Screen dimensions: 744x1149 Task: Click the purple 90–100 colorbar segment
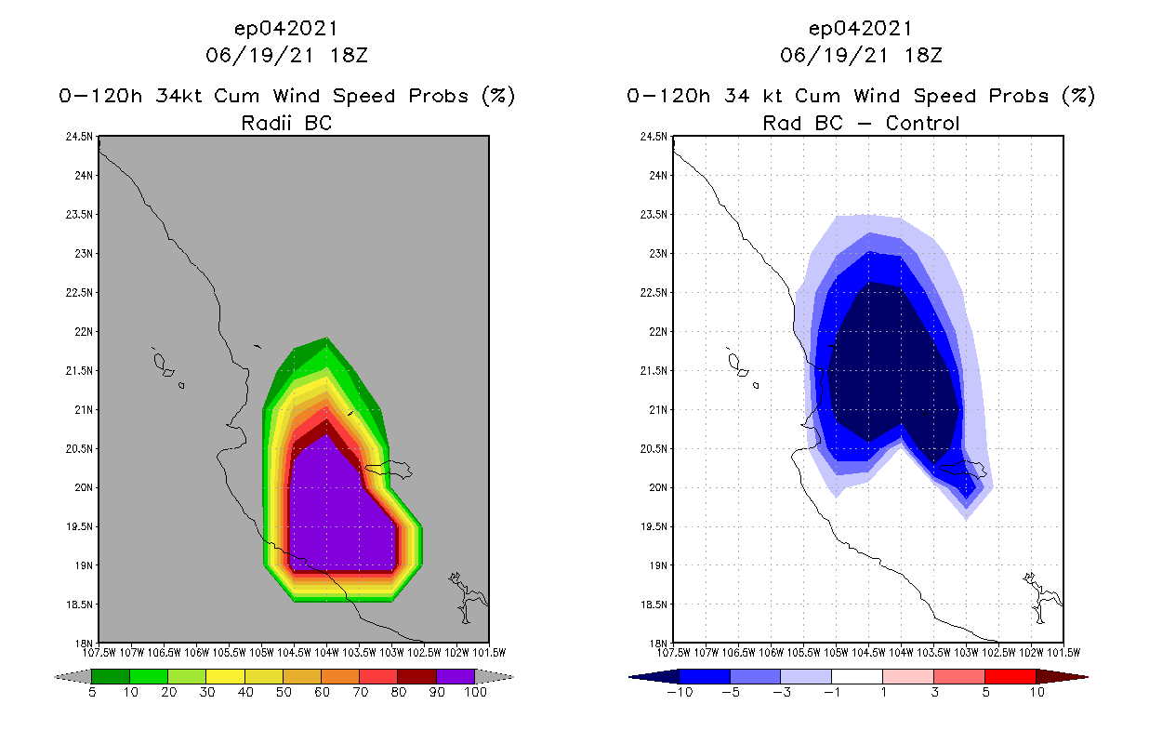point(456,676)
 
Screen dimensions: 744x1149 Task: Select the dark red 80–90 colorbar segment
point(416,676)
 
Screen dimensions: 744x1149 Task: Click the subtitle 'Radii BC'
point(286,123)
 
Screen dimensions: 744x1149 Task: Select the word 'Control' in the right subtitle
point(922,123)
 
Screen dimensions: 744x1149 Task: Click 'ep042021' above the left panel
point(286,28)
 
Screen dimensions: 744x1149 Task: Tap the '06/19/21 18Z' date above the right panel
point(861,55)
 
